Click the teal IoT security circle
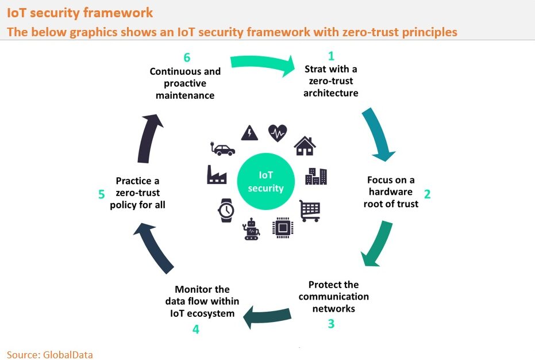[265, 181]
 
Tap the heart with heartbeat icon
[278, 133]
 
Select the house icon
[305, 146]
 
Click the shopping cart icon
[310, 210]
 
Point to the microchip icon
[282, 228]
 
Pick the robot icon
[251, 228]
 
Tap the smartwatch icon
[225, 210]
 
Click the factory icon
[217, 175]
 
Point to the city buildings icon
[316, 176]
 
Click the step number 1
[331, 56]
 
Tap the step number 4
[196, 330]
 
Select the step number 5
[102, 194]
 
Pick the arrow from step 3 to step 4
[270, 315]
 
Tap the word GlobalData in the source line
[68, 354]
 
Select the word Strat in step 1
[317, 70]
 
